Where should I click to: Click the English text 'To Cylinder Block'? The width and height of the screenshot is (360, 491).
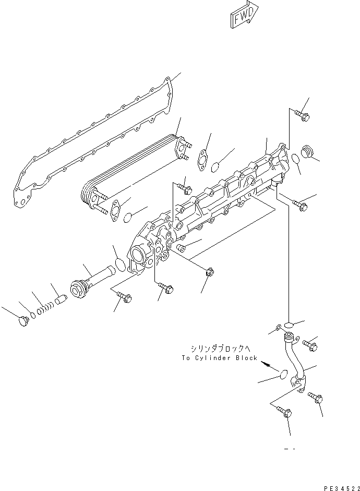tap(220, 358)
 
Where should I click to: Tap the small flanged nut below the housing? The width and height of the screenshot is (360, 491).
tap(210, 271)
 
